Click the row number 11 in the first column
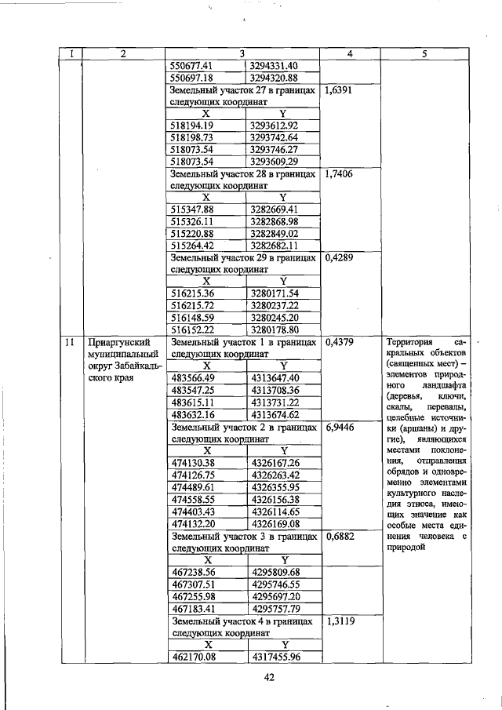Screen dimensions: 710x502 (x=71, y=342)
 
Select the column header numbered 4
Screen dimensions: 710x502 (x=350, y=53)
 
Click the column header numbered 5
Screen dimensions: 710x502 (x=424, y=53)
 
